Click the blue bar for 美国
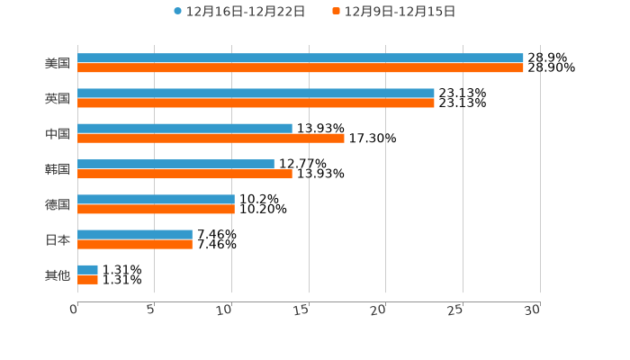click(x=301, y=58)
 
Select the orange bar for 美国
click(x=301, y=67)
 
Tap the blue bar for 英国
click(x=256, y=94)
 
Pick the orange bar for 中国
click(x=211, y=138)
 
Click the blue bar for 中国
click(x=184, y=129)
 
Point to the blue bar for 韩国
click(x=175, y=164)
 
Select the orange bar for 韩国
click(x=184, y=174)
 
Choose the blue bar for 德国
click(x=156, y=199)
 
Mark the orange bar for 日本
click(x=135, y=244)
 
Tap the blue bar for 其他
click(x=87, y=270)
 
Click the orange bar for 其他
click(x=87, y=280)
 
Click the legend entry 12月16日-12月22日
click(x=239, y=12)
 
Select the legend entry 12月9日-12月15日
click(x=394, y=12)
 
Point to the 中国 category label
click(x=58, y=134)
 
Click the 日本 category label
click(x=58, y=240)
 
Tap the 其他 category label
click(x=58, y=275)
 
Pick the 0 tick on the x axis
click(x=75, y=310)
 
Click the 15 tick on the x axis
click(x=303, y=310)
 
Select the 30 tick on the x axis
click(x=533, y=310)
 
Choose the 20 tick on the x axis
click(x=380, y=310)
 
